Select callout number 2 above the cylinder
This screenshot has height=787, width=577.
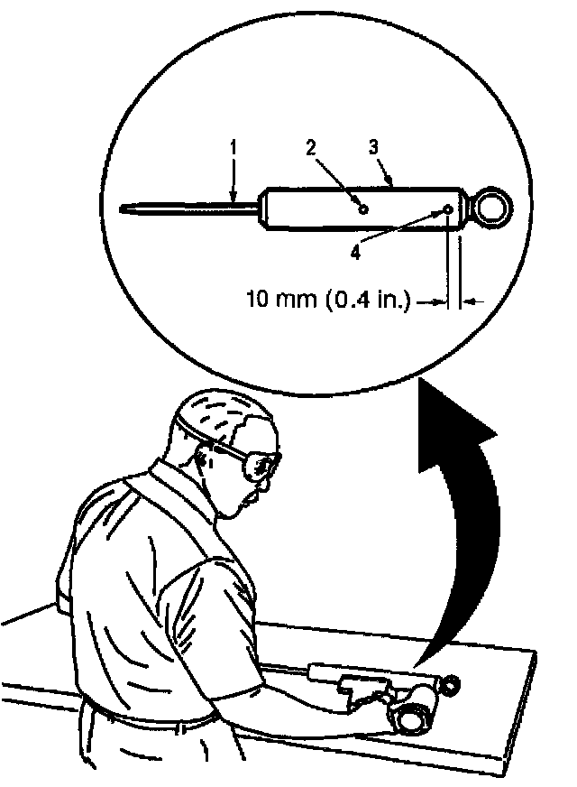click(x=310, y=149)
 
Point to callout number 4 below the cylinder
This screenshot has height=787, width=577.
click(x=355, y=254)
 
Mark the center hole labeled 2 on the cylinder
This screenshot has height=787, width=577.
click(x=363, y=208)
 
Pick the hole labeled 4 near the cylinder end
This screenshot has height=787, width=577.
click(x=448, y=210)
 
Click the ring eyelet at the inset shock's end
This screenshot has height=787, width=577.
click(x=492, y=207)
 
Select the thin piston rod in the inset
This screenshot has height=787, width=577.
click(x=189, y=208)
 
